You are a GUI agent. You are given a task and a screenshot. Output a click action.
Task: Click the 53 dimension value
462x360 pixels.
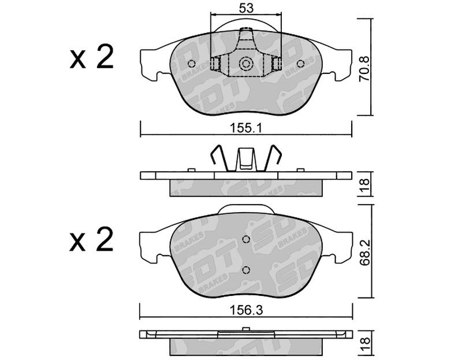246,8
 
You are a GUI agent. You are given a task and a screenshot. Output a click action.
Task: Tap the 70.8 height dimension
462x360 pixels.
364,69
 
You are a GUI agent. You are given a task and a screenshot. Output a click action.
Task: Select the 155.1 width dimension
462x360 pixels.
247,128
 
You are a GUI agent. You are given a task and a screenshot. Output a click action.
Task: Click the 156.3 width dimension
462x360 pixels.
247,310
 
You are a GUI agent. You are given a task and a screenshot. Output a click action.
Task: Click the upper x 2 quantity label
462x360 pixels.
92,57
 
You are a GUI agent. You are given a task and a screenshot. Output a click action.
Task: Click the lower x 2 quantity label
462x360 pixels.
92,239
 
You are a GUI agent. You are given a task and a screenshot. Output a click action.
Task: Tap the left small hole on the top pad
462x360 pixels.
192,64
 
